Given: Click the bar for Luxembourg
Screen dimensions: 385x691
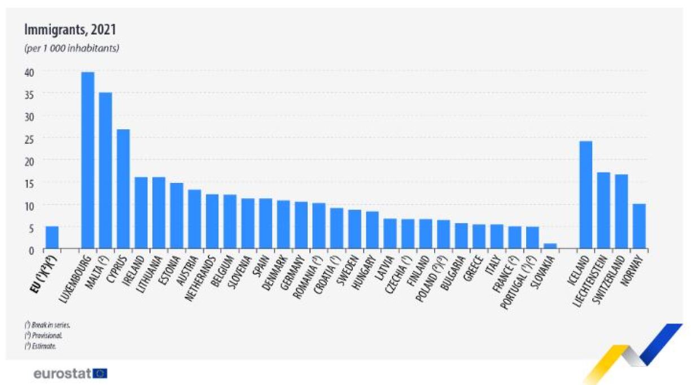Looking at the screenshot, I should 88,161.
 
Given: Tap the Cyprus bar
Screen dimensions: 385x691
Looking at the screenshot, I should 123,189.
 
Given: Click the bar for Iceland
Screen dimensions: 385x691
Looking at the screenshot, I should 586,195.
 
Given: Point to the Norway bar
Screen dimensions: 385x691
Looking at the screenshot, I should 639,226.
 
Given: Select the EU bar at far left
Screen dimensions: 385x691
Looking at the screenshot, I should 52,238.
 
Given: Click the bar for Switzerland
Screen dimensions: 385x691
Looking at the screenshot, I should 622,212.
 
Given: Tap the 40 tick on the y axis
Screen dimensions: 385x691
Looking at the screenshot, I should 29,72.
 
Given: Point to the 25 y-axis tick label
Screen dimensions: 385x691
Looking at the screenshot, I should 29,139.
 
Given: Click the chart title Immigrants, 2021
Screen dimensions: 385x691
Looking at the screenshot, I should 69,30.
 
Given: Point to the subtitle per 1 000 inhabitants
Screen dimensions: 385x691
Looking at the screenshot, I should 71,49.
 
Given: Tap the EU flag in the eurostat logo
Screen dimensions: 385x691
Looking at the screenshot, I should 100,373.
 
